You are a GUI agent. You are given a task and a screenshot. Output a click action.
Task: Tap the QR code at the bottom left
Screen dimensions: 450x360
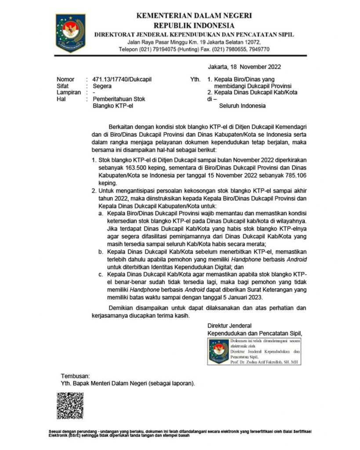(x=69, y=405)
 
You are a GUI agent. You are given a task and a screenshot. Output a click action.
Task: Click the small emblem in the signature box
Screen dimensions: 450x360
(x=218, y=351)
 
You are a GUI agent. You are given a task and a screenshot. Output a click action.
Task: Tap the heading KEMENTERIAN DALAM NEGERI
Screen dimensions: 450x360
(x=194, y=16)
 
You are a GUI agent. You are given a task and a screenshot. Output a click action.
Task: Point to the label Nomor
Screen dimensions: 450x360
(x=65, y=79)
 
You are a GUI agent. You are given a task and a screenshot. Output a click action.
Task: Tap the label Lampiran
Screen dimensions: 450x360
(x=69, y=93)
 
